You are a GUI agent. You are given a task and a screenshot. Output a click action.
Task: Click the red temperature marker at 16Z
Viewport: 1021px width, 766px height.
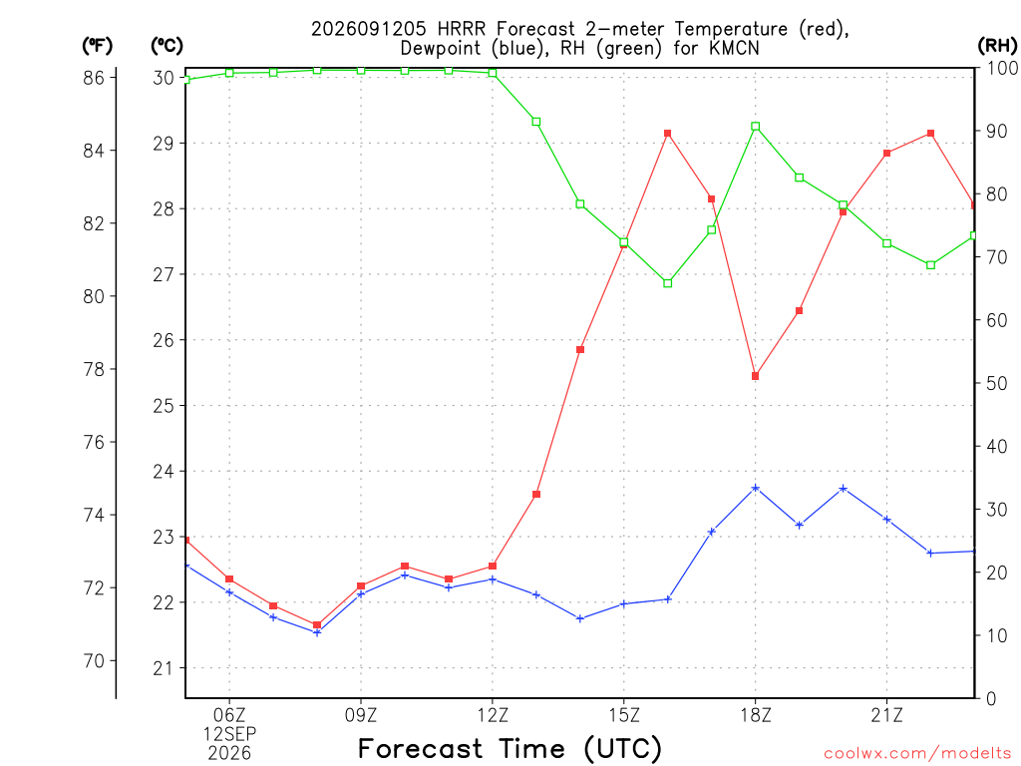(667, 134)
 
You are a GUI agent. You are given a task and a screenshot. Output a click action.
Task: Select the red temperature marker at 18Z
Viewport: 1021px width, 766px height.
(756, 376)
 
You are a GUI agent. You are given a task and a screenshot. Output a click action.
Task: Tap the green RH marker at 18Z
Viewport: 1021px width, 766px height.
(756, 127)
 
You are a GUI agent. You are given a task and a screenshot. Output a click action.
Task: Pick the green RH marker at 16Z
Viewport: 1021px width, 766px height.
(667, 283)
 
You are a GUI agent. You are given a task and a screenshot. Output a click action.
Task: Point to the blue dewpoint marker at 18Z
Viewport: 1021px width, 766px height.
(756, 488)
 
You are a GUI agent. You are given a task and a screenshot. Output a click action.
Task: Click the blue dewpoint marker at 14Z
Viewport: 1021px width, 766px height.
(580, 618)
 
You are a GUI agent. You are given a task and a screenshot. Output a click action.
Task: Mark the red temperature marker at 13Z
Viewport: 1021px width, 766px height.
(536, 495)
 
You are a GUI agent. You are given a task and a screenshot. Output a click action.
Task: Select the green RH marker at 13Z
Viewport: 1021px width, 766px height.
(536, 122)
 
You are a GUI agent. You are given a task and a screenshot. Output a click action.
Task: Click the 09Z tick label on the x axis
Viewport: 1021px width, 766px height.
(361, 715)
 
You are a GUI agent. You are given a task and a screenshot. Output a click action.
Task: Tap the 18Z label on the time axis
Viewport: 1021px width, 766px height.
(756, 715)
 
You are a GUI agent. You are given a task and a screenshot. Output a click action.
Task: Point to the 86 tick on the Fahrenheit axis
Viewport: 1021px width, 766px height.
(93, 78)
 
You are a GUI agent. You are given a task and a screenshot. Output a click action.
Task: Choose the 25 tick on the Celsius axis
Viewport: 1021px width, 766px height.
(164, 406)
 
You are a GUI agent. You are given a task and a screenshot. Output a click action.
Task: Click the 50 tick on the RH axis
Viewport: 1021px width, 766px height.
(996, 383)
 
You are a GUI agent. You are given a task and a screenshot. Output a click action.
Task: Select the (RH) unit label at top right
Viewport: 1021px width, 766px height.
(997, 46)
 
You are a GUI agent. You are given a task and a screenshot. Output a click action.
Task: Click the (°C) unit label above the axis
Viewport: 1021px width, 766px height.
(167, 46)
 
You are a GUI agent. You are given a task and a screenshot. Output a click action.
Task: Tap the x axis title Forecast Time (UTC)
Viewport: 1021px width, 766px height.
(510, 748)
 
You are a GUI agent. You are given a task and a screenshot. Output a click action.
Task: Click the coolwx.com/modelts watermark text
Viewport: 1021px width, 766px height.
(917, 754)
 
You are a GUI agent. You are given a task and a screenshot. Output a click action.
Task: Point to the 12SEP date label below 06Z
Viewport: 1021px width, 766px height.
(229, 734)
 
